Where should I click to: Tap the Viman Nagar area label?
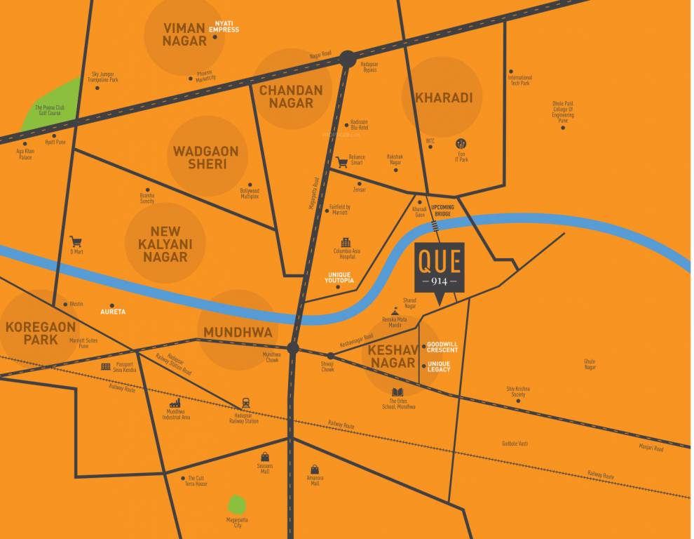[x=185, y=34]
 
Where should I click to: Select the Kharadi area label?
[x=443, y=98]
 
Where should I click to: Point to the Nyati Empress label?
[x=224, y=27]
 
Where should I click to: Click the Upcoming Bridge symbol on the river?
[x=436, y=225]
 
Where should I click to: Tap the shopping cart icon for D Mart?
[x=76, y=241]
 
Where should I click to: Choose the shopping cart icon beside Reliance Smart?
[x=342, y=162]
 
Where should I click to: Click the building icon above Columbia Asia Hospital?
[x=345, y=242]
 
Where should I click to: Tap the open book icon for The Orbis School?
[x=397, y=392]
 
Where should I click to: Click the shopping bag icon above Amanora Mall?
[x=315, y=469]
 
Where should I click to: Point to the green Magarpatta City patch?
[x=238, y=505]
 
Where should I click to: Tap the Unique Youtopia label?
[x=341, y=277]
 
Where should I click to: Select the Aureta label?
[x=113, y=312]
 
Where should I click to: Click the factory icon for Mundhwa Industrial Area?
[x=175, y=403]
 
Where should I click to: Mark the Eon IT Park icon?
[x=461, y=144]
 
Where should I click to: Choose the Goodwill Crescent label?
[x=442, y=347]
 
